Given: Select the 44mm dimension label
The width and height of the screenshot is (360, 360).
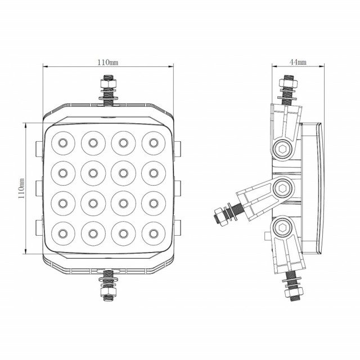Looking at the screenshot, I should [298, 61].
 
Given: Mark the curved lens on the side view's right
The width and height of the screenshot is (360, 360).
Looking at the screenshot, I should [319, 188].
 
